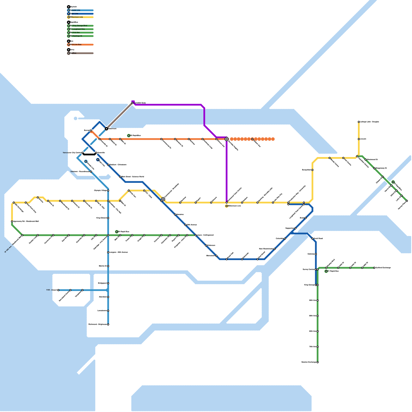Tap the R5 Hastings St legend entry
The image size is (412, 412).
point(77,36)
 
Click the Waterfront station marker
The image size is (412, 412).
point(106,128)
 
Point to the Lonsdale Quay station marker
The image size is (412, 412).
point(132,103)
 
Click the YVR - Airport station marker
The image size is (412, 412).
point(58,290)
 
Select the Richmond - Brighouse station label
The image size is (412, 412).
point(98,324)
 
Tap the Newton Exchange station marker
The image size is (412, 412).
point(317,362)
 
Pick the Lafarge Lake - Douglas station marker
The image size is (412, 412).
point(359,122)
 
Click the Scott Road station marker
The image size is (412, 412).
point(312,239)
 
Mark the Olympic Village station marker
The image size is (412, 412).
point(108,191)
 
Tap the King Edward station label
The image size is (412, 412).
point(101,218)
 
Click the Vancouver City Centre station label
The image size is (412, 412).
point(72,153)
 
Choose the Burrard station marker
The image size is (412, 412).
point(91,131)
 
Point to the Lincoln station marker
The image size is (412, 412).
point(359,139)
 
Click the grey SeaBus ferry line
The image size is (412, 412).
point(119,116)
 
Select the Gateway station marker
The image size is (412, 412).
point(316,254)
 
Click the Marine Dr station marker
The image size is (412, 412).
point(108,266)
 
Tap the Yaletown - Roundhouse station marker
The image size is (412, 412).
point(91,172)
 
